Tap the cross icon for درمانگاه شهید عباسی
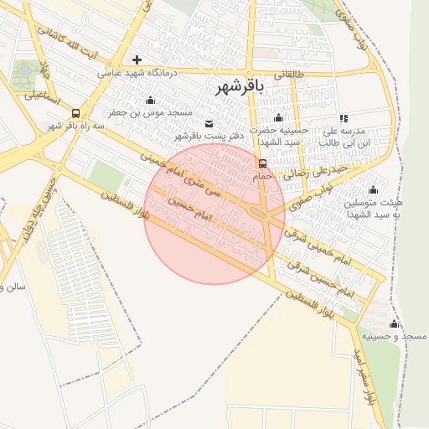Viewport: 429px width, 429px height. point(137,60)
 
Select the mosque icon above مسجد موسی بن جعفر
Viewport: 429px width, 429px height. point(150,101)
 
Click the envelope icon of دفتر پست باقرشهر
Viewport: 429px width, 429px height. point(208,124)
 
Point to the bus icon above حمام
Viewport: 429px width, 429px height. point(263,163)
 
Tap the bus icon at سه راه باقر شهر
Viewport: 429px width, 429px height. point(76,113)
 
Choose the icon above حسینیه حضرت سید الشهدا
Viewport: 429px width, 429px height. point(279,118)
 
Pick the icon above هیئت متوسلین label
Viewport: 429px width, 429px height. point(373,189)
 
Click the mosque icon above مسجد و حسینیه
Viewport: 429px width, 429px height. point(394,324)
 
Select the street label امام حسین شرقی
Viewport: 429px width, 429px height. point(320,279)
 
